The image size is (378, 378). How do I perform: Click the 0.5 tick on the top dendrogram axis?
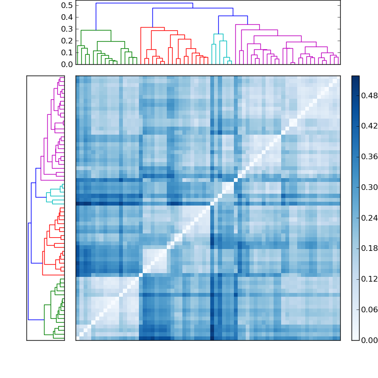pos(67,5)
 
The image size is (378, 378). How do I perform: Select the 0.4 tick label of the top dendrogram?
pos(67,17)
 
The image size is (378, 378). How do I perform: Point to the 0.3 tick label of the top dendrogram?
pos(67,29)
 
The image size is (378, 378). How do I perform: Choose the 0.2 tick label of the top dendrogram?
pos(67,41)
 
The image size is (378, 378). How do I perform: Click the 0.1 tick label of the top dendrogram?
pos(67,52)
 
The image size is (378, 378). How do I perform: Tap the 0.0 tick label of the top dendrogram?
pos(67,64)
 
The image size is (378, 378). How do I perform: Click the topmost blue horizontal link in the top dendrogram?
pos(144,3)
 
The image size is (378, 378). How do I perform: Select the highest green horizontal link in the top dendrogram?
pos(96,30)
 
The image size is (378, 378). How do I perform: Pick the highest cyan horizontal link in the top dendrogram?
pos(218,34)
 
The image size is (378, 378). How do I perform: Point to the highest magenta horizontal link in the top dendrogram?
pos(247,25)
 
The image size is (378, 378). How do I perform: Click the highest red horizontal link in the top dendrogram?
pos(153,27)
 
